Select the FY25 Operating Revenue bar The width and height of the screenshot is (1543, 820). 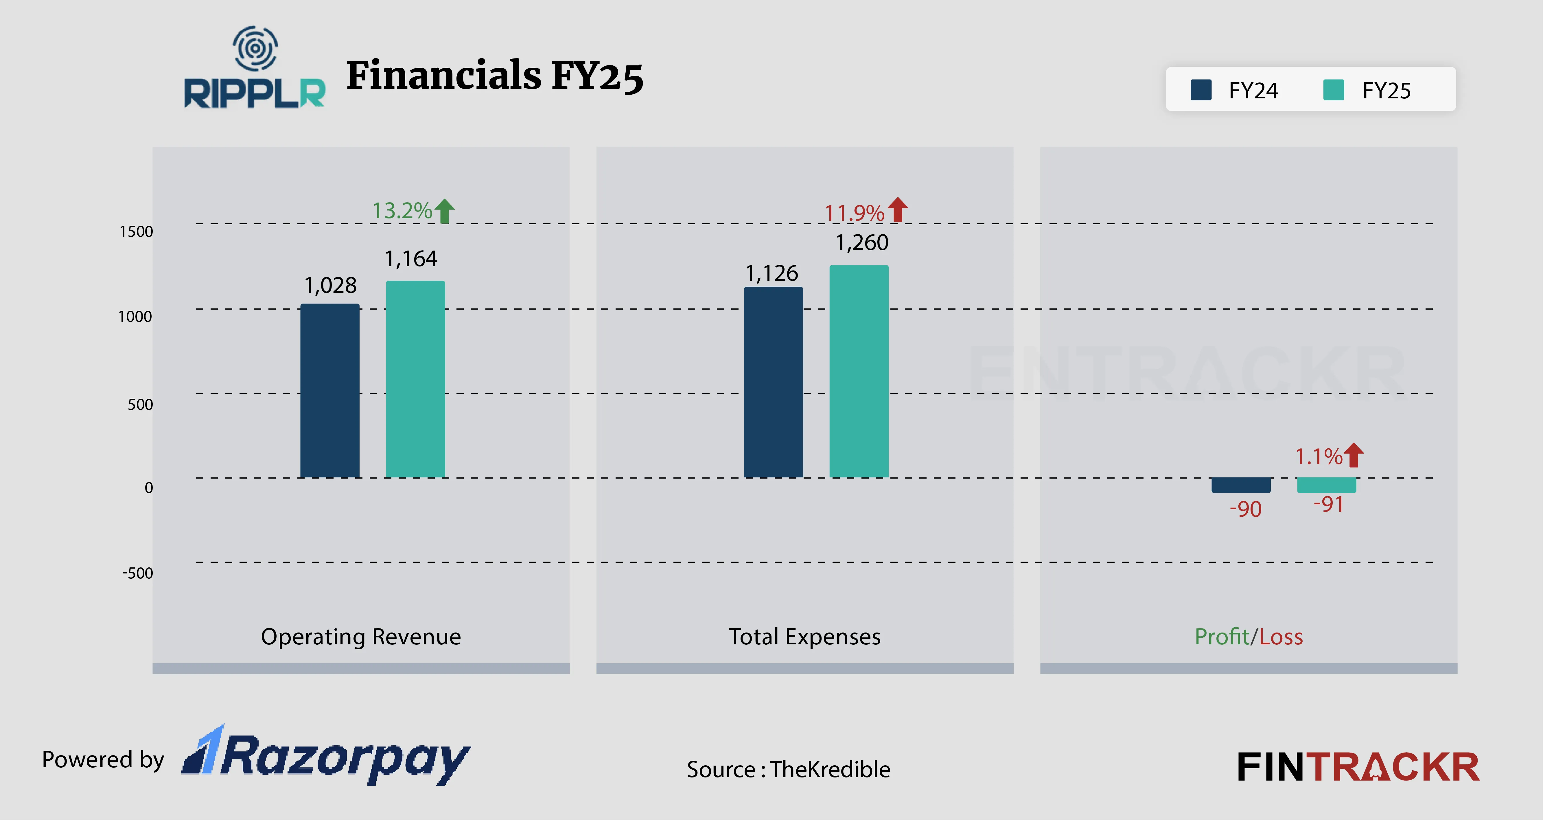[415, 379]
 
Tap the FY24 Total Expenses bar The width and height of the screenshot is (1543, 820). [773, 382]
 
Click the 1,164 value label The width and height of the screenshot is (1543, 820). [411, 259]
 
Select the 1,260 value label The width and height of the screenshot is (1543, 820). [862, 242]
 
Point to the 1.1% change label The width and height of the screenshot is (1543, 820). [1319, 456]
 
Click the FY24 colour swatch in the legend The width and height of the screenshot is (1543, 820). [1201, 91]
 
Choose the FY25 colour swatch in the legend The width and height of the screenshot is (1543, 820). [1333, 91]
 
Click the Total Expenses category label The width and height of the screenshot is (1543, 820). [804, 637]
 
